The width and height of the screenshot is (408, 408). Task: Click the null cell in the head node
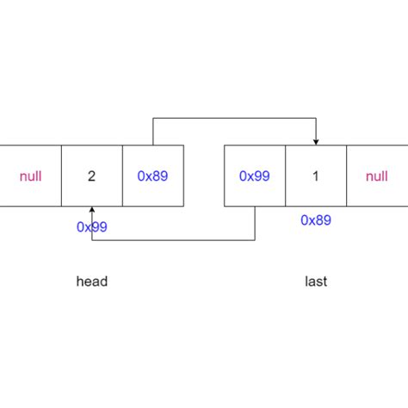click(30, 176)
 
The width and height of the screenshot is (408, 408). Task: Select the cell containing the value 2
click(92, 176)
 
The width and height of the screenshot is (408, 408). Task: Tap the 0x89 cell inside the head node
click(153, 176)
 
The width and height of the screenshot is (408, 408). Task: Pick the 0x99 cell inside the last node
click(255, 176)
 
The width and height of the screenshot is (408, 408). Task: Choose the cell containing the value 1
click(316, 176)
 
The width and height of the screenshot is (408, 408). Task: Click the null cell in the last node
click(377, 176)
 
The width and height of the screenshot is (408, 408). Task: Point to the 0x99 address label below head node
click(92, 227)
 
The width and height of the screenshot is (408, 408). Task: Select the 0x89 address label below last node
click(316, 220)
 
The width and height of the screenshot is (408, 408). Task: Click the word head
click(92, 281)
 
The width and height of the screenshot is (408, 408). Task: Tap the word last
click(316, 281)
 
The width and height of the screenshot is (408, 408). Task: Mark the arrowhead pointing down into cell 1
click(316, 141)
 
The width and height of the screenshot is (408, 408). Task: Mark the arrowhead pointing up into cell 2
click(92, 211)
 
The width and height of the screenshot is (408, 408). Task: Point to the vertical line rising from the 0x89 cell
click(153, 132)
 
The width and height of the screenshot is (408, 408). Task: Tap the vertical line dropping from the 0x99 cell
click(255, 224)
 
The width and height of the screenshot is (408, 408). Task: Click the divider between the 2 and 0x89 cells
click(123, 176)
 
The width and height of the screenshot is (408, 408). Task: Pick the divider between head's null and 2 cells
click(62, 176)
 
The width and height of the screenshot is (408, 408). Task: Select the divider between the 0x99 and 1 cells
click(285, 176)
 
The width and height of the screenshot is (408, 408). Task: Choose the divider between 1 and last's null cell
click(346, 176)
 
